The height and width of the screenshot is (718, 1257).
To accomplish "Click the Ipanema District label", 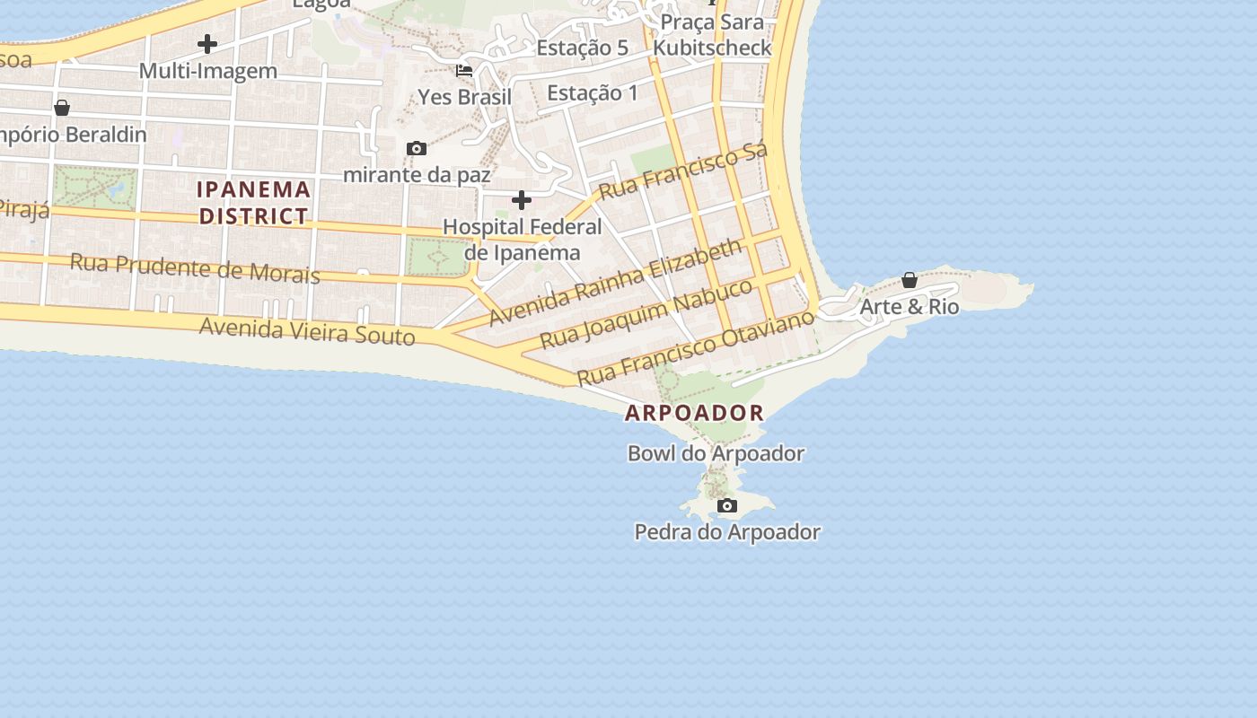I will pos(254,203).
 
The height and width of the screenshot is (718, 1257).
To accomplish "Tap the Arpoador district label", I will pos(694,413).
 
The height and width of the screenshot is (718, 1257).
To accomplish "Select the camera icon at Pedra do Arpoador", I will pos(727,506).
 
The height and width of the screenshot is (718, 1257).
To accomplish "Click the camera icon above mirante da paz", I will pos(417,148).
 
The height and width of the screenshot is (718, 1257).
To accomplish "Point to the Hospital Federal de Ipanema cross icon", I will pos(521,199).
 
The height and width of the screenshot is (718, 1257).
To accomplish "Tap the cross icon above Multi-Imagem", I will pos(207,43).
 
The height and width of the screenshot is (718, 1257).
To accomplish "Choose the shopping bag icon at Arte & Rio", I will pos(910,280).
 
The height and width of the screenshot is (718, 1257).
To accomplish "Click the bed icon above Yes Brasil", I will pos(464,70).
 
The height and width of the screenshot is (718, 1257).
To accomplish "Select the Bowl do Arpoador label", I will pos(716,453).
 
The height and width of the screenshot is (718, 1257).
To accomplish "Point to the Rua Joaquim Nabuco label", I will pos(646,314).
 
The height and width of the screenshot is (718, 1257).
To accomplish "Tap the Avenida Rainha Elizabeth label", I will pos(616,281).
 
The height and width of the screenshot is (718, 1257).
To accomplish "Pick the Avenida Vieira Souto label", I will pos(307,331).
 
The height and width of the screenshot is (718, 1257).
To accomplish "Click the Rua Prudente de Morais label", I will pos(195,267).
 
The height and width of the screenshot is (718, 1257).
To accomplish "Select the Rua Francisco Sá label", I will pos(683,171).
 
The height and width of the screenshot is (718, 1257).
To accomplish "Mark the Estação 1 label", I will pos(592,92).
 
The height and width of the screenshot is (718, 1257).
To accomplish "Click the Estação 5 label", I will pos(582,48).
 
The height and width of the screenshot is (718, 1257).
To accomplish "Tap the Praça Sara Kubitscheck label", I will pos(712,34).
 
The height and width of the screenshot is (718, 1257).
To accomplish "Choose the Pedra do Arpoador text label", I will pos(727,532).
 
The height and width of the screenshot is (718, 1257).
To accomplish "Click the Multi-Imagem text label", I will pos(208,71).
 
